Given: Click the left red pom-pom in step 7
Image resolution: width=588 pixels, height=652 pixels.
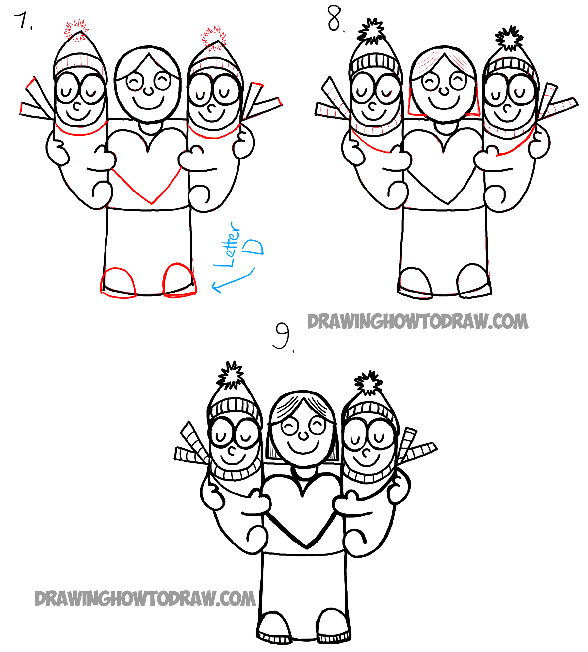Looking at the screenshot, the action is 76,30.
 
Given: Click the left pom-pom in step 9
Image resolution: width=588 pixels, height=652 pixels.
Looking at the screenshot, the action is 231,375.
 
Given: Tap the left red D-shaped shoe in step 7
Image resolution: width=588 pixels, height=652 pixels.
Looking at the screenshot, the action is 118,283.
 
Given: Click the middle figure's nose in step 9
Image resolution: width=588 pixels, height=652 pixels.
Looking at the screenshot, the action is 303,435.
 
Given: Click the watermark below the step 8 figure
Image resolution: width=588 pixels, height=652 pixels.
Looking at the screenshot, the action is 417,322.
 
